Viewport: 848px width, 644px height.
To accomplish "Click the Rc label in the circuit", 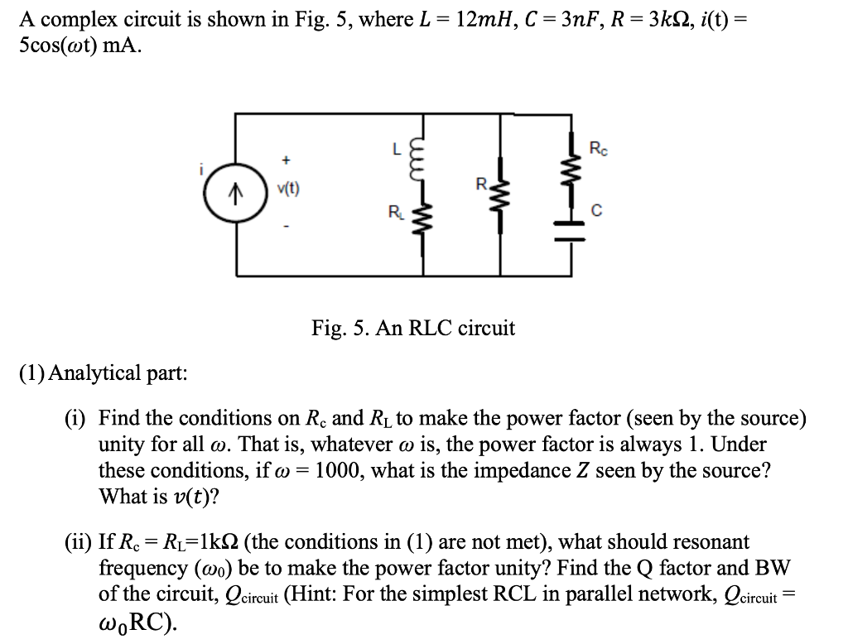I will coord(597,149).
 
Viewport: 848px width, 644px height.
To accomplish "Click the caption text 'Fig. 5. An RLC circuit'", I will coord(413,329).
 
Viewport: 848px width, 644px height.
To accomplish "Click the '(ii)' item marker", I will coord(79,542).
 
